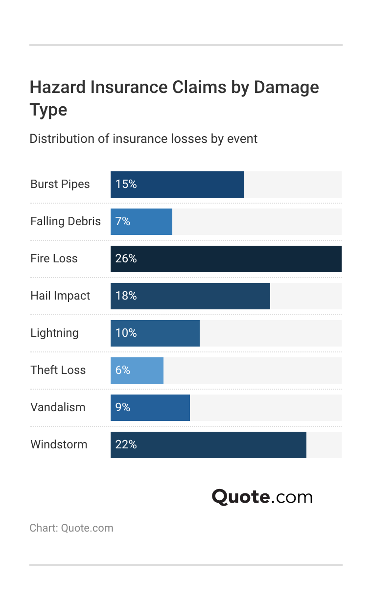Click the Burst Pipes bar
coord(177,185)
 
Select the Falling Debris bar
coord(141,222)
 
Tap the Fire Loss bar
coord(226,259)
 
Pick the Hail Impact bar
coord(190,296)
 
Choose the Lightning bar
coord(155,333)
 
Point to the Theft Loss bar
coord(137,371)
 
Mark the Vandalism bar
coord(150,408)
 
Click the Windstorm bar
coord(209,445)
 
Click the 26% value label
coord(126,259)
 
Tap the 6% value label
coord(123,371)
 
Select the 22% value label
coord(126,445)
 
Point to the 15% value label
coord(126,185)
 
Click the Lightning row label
coord(54,333)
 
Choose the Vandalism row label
coord(58,408)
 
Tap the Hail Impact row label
coord(60,296)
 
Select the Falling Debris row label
coord(66,222)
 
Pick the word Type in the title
coord(48,110)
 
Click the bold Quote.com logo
coord(262,497)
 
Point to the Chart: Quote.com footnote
coord(71,528)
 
